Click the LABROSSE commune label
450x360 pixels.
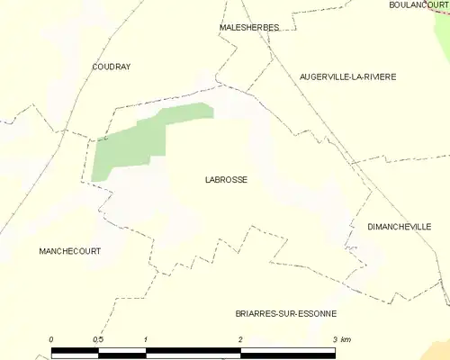[226, 179]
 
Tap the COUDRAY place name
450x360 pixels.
[112, 67]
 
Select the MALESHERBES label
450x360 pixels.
[249, 28]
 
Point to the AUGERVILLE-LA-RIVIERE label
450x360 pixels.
[347, 76]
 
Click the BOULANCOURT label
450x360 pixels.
[418, 4]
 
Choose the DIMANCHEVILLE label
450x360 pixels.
[400, 227]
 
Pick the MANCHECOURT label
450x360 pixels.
[69, 251]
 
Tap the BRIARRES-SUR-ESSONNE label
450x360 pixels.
[283, 313]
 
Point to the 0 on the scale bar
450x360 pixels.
[51, 339]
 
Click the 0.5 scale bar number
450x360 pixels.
[97, 339]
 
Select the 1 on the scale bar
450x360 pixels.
[145, 339]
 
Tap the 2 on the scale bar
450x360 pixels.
[240, 339]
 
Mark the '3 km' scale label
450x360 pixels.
[340, 339]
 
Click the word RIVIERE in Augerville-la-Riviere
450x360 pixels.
[377, 76]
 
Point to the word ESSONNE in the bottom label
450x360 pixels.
[314, 313]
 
